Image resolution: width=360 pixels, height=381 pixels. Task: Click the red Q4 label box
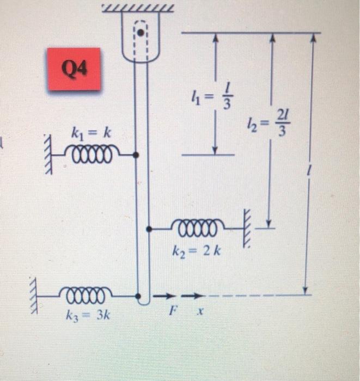pyautogui.click(x=74, y=69)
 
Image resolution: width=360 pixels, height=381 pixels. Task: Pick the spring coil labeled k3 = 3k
pyautogui.click(x=89, y=297)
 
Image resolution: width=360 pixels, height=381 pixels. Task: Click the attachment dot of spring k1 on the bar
pyautogui.click(x=136, y=155)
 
